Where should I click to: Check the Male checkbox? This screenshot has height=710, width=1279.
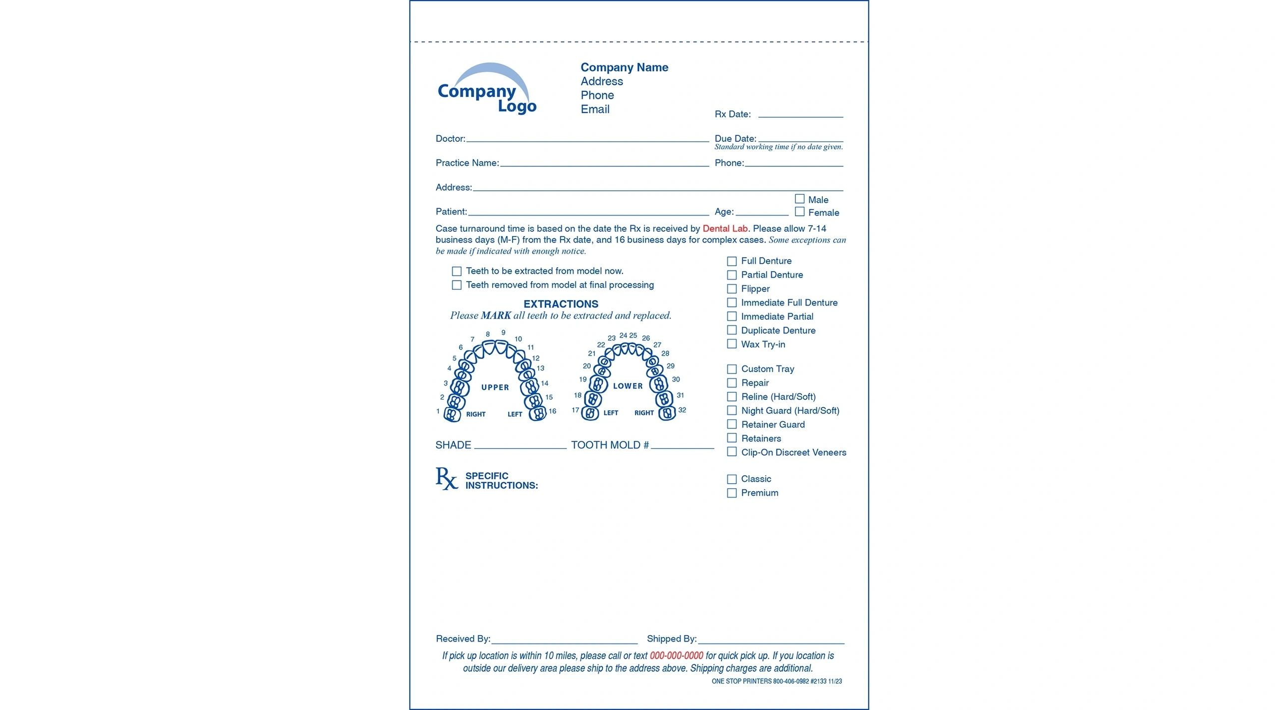pyautogui.click(x=799, y=199)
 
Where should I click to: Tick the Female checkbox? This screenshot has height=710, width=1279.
pyautogui.click(x=799, y=212)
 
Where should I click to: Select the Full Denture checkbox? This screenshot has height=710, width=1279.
pyautogui.click(x=731, y=261)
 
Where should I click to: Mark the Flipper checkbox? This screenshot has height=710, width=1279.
pyautogui.click(x=731, y=289)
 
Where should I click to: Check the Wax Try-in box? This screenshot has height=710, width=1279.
pyautogui.click(x=731, y=344)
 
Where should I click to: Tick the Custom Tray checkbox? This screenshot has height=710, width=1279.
pyautogui.click(x=731, y=369)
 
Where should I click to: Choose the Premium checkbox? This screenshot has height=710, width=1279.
pyautogui.click(x=731, y=493)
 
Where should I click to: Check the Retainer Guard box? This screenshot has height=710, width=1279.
pyautogui.click(x=731, y=424)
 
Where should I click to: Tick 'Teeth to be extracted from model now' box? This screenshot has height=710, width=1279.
pyautogui.click(x=456, y=271)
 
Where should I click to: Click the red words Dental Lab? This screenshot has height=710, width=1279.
pyautogui.click(x=724, y=229)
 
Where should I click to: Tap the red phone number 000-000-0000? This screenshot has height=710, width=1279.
pyautogui.click(x=676, y=656)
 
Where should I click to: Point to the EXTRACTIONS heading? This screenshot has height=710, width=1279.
pyautogui.click(x=561, y=304)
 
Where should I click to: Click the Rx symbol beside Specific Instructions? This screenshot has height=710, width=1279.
pyautogui.click(x=446, y=478)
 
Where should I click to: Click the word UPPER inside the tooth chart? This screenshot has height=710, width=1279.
pyautogui.click(x=495, y=387)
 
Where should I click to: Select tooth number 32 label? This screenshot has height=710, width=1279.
pyautogui.click(x=682, y=410)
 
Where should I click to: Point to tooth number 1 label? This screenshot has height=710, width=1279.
pyautogui.click(x=438, y=411)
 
